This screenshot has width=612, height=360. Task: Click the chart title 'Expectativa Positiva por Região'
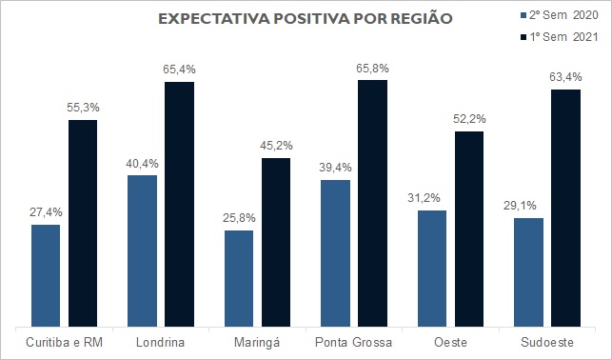306,19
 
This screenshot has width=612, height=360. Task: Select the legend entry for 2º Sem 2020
560,15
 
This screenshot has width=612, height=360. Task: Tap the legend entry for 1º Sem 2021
560,37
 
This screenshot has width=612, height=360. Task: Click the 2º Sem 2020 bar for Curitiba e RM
46,275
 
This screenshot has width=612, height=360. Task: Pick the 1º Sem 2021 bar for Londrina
179,204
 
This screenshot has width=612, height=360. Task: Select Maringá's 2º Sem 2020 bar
239,279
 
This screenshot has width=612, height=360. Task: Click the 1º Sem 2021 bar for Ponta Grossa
373,204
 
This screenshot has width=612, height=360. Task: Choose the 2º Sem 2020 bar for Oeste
432,269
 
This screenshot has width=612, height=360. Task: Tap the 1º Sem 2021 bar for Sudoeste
566,209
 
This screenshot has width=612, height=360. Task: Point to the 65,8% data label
372,69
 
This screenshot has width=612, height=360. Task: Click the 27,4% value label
46,212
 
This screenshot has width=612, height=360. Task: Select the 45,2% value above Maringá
276,146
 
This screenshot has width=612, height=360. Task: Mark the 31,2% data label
424,198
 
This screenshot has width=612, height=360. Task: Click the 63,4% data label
565,77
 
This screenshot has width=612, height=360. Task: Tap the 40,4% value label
142,164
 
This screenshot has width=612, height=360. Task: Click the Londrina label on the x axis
161,343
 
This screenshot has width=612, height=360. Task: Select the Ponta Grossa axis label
353,343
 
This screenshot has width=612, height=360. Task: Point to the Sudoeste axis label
547,343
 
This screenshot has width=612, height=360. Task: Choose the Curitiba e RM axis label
64,343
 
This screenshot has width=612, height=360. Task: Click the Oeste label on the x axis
450,343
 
